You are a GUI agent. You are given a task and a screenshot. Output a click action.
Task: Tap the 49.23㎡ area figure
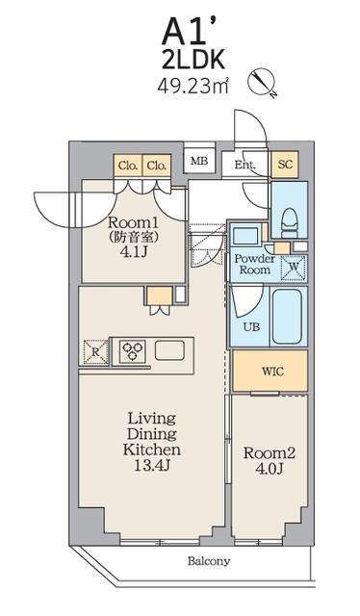193,86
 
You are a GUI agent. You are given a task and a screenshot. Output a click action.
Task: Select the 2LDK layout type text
193,61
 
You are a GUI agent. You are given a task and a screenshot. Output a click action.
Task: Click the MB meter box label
199,161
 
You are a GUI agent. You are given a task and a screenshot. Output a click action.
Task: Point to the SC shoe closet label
285,164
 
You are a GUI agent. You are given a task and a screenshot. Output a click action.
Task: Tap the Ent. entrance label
244,165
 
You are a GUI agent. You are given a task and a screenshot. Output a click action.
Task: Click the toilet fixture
290,222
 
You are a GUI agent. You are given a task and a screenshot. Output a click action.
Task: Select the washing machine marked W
294,268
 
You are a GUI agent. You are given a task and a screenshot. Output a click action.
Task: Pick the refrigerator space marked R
95,351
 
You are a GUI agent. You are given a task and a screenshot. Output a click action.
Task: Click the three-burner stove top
132,350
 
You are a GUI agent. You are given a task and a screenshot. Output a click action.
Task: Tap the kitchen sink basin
169,350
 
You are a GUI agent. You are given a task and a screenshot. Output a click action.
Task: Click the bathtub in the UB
287,317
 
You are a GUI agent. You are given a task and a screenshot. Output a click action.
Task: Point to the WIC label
272,372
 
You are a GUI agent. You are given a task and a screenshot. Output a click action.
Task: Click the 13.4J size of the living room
151,466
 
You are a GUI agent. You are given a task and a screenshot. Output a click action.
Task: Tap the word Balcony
208,561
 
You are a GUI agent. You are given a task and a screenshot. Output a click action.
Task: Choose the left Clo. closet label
128,166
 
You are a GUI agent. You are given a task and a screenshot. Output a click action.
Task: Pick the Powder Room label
255,264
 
